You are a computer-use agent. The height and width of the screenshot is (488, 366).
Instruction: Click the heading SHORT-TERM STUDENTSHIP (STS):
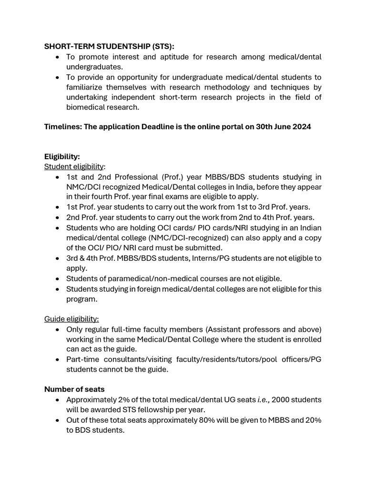pos(109,46)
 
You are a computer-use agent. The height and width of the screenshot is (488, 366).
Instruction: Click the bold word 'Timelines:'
pos(63,127)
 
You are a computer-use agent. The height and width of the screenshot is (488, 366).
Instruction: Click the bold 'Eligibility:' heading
pos(62,156)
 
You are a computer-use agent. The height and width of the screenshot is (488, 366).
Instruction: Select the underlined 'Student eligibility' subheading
pos(74,166)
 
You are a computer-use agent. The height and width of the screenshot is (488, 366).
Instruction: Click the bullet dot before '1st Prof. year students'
pos(57,207)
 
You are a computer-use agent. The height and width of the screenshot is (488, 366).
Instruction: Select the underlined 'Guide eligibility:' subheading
pos(71,319)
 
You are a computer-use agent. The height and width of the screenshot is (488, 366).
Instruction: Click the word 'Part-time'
pos(83,359)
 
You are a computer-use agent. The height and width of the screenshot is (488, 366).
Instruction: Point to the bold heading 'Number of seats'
pos(74,389)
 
